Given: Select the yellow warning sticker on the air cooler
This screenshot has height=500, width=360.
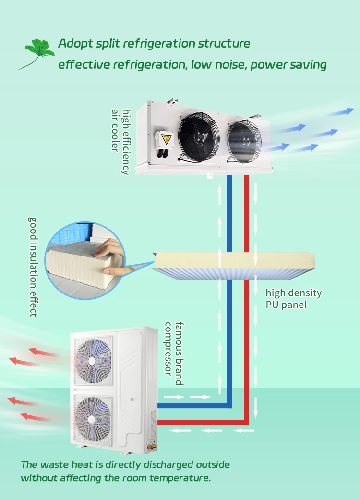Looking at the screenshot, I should (x=166, y=139).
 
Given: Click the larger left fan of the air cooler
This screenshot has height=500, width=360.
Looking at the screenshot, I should (x=198, y=134).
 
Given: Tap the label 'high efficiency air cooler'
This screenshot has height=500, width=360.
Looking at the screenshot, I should (x=120, y=141).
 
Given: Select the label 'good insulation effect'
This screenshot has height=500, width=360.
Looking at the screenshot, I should (x=33, y=266).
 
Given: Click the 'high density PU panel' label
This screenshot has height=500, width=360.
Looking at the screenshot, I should (x=293, y=298).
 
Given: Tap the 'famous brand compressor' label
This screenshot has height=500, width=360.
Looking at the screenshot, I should (x=174, y=353).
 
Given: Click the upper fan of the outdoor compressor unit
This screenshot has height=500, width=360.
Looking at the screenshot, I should (x=92, y=358).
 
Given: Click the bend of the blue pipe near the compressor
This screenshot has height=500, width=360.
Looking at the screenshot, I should (x=229, y=405).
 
